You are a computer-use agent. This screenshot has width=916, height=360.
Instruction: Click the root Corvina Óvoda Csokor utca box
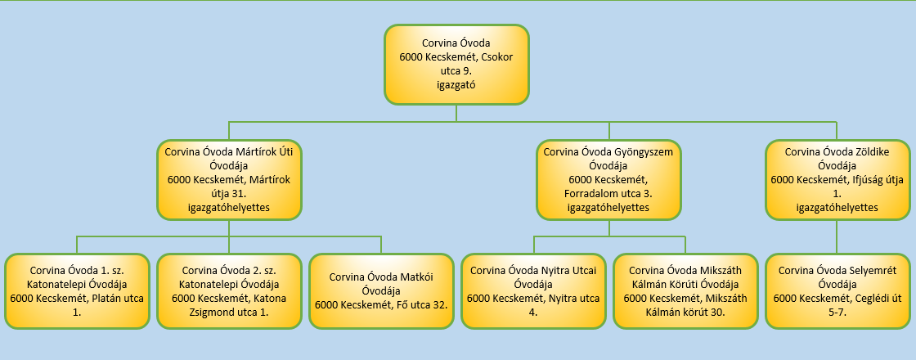tap(456, 64)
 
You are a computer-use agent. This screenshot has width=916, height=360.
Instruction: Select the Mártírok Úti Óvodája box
tap(229, 179)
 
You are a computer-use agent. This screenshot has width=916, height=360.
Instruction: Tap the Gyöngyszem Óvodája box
tap(609, 179)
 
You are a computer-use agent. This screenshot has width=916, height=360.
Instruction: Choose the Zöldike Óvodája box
tap(837, 179)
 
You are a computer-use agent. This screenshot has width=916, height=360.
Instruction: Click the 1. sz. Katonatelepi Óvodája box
tap(77, 290)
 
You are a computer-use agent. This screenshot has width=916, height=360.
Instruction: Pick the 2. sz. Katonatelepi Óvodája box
tap(229, 290)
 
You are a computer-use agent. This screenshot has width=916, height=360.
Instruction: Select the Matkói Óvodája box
tap(381, 290)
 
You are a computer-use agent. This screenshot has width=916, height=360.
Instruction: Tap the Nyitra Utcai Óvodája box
tap(533, 290)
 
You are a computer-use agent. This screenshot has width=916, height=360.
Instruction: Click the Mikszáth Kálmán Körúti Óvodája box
tap(685, 290)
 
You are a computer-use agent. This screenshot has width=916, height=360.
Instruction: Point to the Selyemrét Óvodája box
tap(837, 290)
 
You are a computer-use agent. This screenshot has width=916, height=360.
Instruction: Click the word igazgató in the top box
tap(456, 84)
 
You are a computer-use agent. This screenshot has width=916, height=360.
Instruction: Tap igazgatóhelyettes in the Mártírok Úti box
tap(229, 208)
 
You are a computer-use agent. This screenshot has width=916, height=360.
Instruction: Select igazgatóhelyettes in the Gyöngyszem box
tap(609, 208)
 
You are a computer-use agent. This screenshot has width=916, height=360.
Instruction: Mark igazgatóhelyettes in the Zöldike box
tap(837, 208)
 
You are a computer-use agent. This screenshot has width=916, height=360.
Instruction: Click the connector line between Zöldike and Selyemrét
tap(837, 236)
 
